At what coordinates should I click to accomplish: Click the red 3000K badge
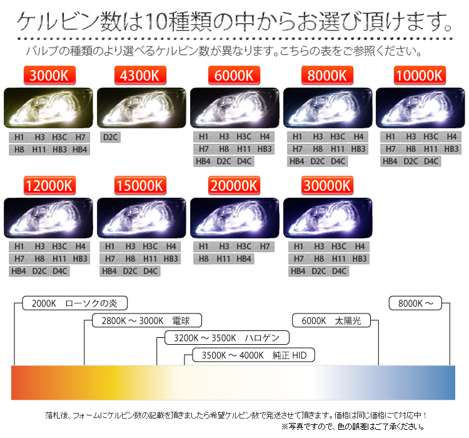pyautogui.click(x=49, y=75)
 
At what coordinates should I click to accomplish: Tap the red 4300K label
pyautogui.click(x=140, y=75)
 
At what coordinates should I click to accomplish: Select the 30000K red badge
pyautogui.click(x=327, y=186)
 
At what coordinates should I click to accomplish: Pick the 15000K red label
pyautogui.click(x=140, y=186)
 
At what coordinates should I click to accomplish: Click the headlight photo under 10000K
pyautogui.click(x=420, y=108)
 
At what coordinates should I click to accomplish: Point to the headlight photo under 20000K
pyautogui.click(x=234, y=218)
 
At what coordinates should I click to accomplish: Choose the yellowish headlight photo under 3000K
pyautogui.click(x=48, y=108)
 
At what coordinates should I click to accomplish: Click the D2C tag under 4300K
pyautogui.click(x=110, y=138)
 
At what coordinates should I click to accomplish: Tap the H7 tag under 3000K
pyautogui.click(x=80, y=138)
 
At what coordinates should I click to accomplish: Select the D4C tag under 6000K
pyautogui.click(x=244, y=161)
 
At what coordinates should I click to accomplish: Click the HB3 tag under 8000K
pyautogui.click(x=358, y=149)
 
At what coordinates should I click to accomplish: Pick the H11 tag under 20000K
pyautogui.click(x=224, y=258)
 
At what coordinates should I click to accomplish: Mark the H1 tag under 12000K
pyautogui.click(x=19, y=247)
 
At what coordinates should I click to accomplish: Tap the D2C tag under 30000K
pyautogui.click(x=319, y=271)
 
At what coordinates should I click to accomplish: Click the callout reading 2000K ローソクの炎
pyautogui.click(x=75, y=303)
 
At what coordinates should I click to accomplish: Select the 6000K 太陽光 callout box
pyautogui.click(x=331, y=320)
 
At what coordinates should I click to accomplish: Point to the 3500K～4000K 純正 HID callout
pyautogui.click(x=254, y=355)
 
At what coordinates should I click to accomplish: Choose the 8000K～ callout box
pyautogui.click(x=415, y=303)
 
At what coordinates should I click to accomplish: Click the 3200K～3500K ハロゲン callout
pyautogui.click(x=227, y=338)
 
